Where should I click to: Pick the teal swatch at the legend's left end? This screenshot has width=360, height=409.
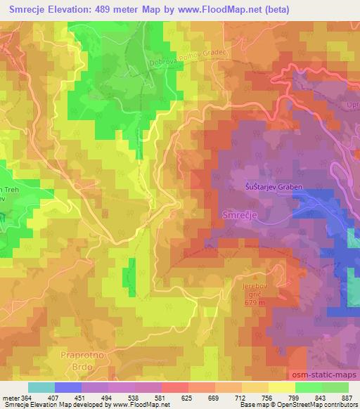[41, 387]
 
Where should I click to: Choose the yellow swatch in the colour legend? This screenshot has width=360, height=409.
[281, 387]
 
